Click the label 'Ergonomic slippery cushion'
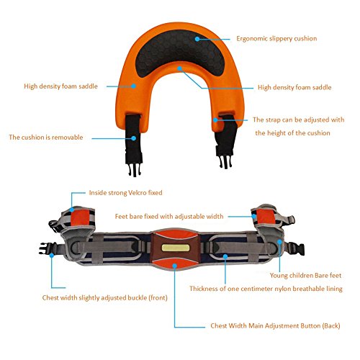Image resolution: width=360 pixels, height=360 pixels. [276, 39]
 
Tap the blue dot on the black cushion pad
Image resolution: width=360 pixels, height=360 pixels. [197, 39]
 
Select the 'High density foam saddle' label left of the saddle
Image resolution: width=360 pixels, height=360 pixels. [60, 86]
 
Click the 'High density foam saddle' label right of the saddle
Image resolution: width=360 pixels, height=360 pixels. [294, 87]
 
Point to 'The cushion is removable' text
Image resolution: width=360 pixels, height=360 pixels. [46, 138]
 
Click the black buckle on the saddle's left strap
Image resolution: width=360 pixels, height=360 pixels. [134, 168]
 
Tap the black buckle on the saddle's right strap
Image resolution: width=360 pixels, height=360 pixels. [225, 161]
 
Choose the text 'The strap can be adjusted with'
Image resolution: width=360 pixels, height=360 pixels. [298, 120]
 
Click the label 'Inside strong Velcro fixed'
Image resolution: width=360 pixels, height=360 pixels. [125, 193]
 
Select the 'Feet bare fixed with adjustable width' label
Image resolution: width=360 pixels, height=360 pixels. [169, 217]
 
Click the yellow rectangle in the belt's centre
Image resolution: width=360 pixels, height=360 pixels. [176, 248]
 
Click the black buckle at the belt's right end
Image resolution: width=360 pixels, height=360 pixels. [297, 248]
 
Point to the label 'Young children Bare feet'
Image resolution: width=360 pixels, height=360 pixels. [305, 276]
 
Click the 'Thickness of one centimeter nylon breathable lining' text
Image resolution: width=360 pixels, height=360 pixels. [266, 289]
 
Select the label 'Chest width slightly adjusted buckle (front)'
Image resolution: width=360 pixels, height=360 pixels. [104, 298]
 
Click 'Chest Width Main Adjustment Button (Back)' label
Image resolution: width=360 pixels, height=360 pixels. [275, 326]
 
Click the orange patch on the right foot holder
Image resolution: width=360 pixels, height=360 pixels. [264, 217]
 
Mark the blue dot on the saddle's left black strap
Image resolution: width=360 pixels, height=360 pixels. [134, 138]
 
